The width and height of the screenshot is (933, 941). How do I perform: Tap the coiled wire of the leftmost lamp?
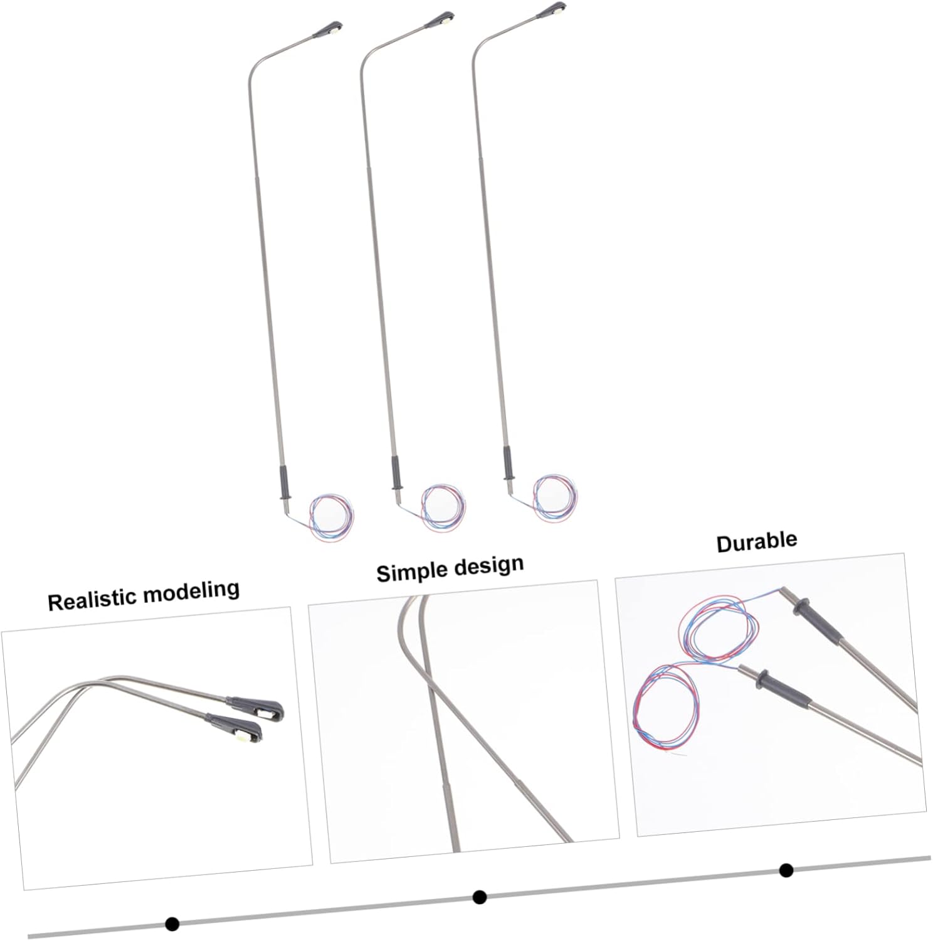point(332,518)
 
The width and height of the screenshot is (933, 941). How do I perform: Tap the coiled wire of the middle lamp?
point(443,508)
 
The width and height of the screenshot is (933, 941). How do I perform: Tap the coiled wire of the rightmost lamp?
point(554,497)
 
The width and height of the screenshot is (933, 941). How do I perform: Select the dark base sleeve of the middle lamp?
point(396,474)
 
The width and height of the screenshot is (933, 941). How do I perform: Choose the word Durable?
point(756,542)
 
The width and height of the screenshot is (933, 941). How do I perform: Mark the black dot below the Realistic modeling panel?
point(172,923)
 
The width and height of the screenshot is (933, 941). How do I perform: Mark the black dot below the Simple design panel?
point(480,896)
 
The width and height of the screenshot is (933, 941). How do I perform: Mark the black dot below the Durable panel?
point(786,870)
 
